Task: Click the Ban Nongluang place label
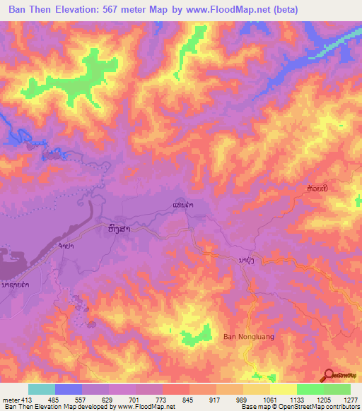247,337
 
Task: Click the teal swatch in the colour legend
42,389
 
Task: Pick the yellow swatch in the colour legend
284,389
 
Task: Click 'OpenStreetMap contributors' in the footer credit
323,407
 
